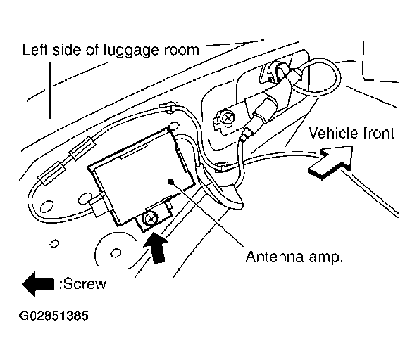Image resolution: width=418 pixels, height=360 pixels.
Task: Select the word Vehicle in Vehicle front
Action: (x=333, y=133)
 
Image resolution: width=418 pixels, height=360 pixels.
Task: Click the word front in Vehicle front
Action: (x=378, y=133)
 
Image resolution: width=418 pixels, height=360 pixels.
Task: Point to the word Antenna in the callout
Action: (x=275, y=257)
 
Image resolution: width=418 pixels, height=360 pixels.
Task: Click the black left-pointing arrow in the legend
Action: (x=38, y=284)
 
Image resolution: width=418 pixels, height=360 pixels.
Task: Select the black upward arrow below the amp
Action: (x=156, y=248)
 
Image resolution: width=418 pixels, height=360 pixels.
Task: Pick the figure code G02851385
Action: (x=54, y=316)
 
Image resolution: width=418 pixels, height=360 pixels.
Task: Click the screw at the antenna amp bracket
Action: (x=151, y=219)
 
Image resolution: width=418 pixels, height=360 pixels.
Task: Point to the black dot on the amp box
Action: (x=171, y=182)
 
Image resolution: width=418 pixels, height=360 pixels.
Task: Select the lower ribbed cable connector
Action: (x=52, y=173)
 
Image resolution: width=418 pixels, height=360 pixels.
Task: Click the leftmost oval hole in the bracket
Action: (x=46, y=206)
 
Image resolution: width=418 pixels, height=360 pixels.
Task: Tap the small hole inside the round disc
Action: (x=116, y=253)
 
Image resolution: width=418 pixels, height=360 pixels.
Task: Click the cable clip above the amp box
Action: (x=169, y=107)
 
